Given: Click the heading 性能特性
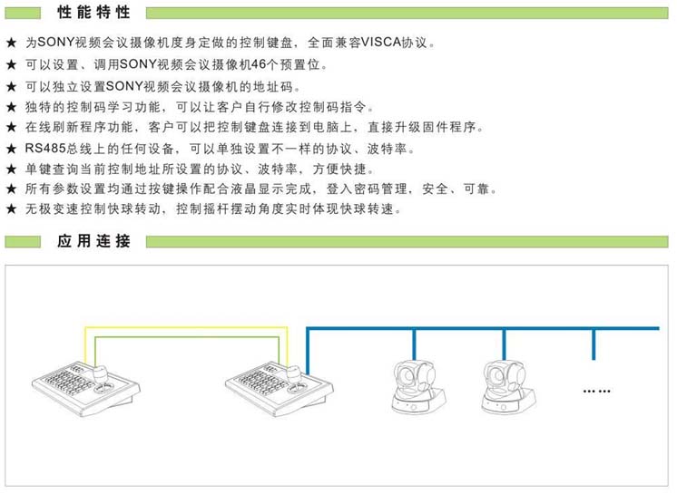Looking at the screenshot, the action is point(93,12).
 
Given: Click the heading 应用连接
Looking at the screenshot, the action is point(93,241).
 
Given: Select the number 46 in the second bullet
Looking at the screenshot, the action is point(259,64).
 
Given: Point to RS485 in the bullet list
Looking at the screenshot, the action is point(44,149).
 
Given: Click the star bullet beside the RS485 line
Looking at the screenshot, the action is point(11,149).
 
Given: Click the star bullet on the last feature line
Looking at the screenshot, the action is point(11,209).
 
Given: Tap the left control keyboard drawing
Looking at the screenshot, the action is point(86,389).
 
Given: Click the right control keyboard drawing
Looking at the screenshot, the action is point(280,389).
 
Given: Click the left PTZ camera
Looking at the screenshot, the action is point(417,387).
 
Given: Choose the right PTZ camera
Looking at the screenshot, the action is point(507,387).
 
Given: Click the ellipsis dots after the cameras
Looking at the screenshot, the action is point(596,391).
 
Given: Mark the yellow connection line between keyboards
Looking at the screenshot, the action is point(186,327).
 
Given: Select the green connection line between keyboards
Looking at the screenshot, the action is point(187,337).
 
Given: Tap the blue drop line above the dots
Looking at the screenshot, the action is point(594,344).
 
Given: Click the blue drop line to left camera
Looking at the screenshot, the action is point(414,344).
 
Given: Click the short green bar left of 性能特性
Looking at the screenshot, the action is point(23,13).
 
